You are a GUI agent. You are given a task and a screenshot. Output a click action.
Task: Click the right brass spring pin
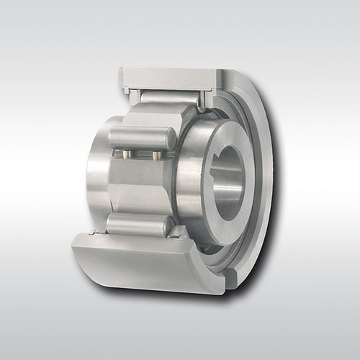[156, 154]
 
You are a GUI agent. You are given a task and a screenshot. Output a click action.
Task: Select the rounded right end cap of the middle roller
[171, 139]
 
